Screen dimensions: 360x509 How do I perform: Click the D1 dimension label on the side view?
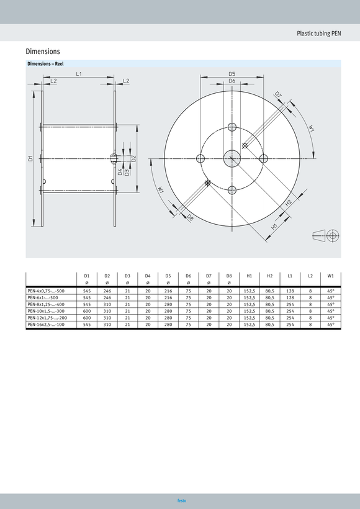(x=30, y=159)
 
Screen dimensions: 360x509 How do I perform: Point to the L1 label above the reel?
(x=79, y=74)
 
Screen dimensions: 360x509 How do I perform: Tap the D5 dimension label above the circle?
(x=232, y=74)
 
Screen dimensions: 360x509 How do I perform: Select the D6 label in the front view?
(x=232, y=81)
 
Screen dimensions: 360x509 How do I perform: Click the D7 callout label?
(x=278, y=95)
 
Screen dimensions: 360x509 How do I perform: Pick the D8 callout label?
(x=189, y=218)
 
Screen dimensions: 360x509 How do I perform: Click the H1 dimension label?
(x=274, y=227)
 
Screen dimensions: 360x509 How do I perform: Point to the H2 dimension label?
(x=288, y=202)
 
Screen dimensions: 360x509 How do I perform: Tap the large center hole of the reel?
(x=232, y=159)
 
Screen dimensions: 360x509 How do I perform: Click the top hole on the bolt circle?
(x=232, y=127)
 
